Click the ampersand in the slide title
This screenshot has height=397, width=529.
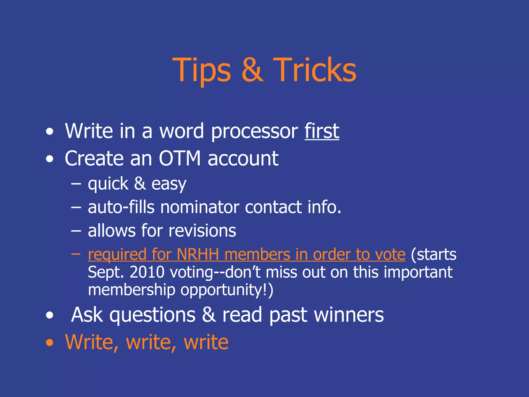[x=252, y=70]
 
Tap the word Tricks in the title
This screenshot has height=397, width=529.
[x=315, y=70]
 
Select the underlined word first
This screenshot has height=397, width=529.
[x=322, y=131]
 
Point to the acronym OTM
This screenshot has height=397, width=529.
[x=180, y=158]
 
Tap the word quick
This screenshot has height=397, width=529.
[x=108, y=184]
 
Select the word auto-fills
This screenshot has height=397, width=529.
[x=121, y=207]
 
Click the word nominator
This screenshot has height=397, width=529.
[x=200, y=207]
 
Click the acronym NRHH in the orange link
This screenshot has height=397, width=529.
[x=198, y=254]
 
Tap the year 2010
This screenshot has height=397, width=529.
[x=147, y=272]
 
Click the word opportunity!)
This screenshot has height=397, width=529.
[x=227, y=290]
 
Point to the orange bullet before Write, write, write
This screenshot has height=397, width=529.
[x=50, y=343]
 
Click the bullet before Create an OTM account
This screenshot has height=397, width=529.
[x=50, y=159]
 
